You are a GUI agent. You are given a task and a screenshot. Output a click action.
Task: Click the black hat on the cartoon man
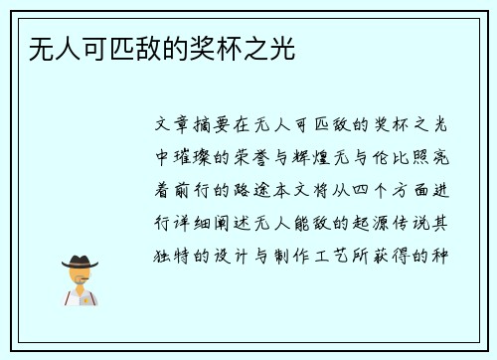81,262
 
